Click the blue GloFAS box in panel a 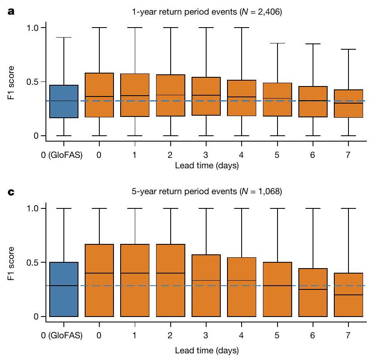(64, 101)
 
